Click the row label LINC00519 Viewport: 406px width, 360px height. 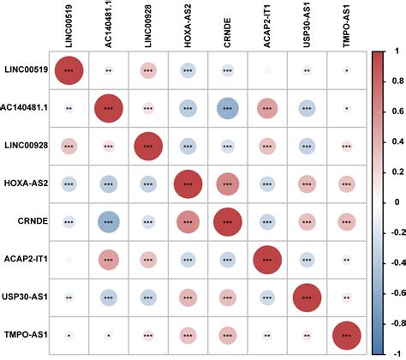click(26, 71)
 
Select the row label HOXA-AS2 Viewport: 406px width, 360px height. click(27, 183)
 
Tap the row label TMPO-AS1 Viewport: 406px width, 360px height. click(27, 333)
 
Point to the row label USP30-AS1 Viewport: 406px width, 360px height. click(27, 296)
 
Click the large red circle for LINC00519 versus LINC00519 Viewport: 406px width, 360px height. click(68, 71)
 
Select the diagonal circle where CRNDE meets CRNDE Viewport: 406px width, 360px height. click(227, 221)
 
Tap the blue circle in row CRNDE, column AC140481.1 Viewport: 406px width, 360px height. click(107, 221)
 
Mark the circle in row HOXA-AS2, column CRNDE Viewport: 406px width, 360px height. click(227, 183)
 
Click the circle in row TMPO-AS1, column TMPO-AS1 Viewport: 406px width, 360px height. click(346, 333)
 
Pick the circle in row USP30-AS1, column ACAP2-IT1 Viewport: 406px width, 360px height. click(267, 296)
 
